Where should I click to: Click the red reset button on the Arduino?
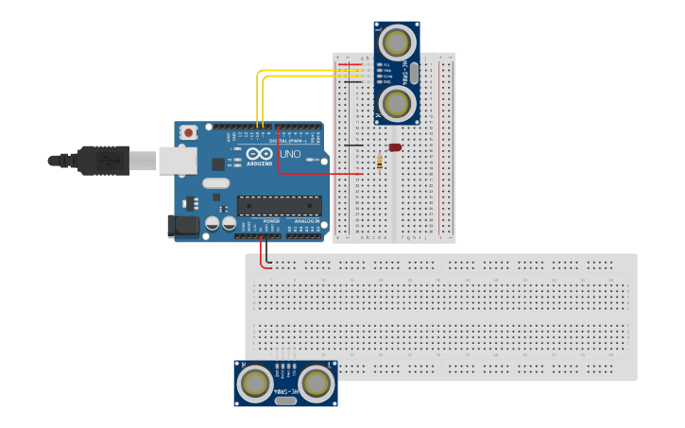coord(189,132)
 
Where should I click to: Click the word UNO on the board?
coord(290,154)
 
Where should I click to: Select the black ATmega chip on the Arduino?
coord(279,205)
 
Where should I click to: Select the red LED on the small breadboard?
coord(394,147)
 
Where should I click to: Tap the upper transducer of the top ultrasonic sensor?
coord(398,42)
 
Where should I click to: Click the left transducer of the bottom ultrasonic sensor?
coord(255,383)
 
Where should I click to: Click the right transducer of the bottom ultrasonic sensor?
coord(317,383)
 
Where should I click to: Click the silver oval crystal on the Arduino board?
coord(215,182)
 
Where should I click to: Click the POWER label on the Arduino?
coord(258,221)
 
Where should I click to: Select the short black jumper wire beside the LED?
coord(352,146)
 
